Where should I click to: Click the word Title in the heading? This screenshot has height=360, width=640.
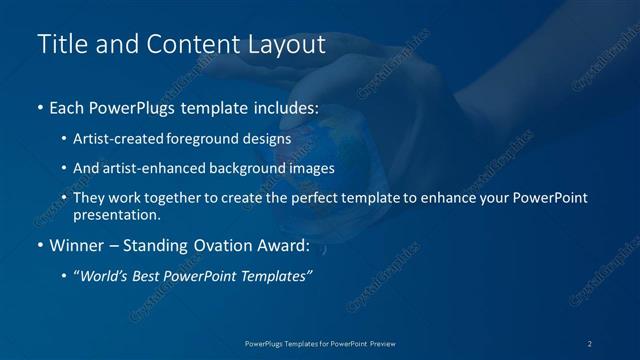(x=60, y=44)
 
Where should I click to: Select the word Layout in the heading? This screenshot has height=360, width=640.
(x=288, y=44)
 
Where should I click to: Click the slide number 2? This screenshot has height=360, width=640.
(x=591, y=343)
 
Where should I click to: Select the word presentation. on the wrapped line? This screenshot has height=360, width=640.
(x=116, y=214)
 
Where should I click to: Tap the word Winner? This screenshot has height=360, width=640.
(x=77, y=244)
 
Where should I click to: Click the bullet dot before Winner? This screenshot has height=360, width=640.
(x=40, y=245)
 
